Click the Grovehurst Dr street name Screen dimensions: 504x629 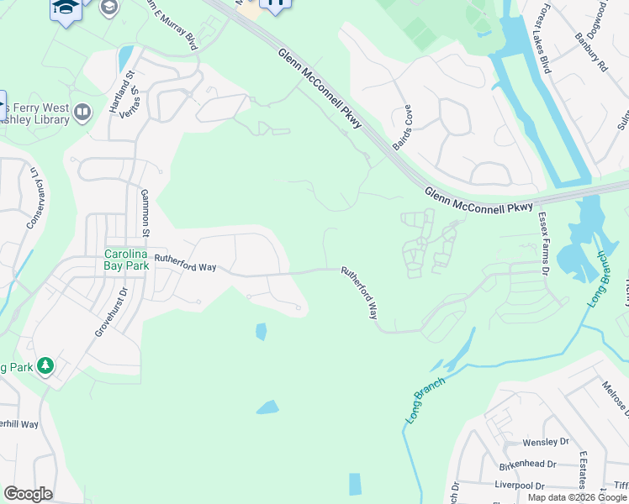click(x=110, y=312)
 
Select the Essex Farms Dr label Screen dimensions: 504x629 click(x=543, y=244)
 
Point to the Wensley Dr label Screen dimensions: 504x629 click(x=545, y=442)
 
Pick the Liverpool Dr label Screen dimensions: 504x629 click(x=520, y=486)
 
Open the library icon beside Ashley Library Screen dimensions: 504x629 click(x=82, y=112)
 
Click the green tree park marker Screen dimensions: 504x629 click(x=45, y=365)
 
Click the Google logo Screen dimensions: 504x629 click(x=28, y=494)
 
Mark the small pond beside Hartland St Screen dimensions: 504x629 click(x=125, y=57)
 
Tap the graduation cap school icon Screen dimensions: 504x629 click(x=65, y=10)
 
